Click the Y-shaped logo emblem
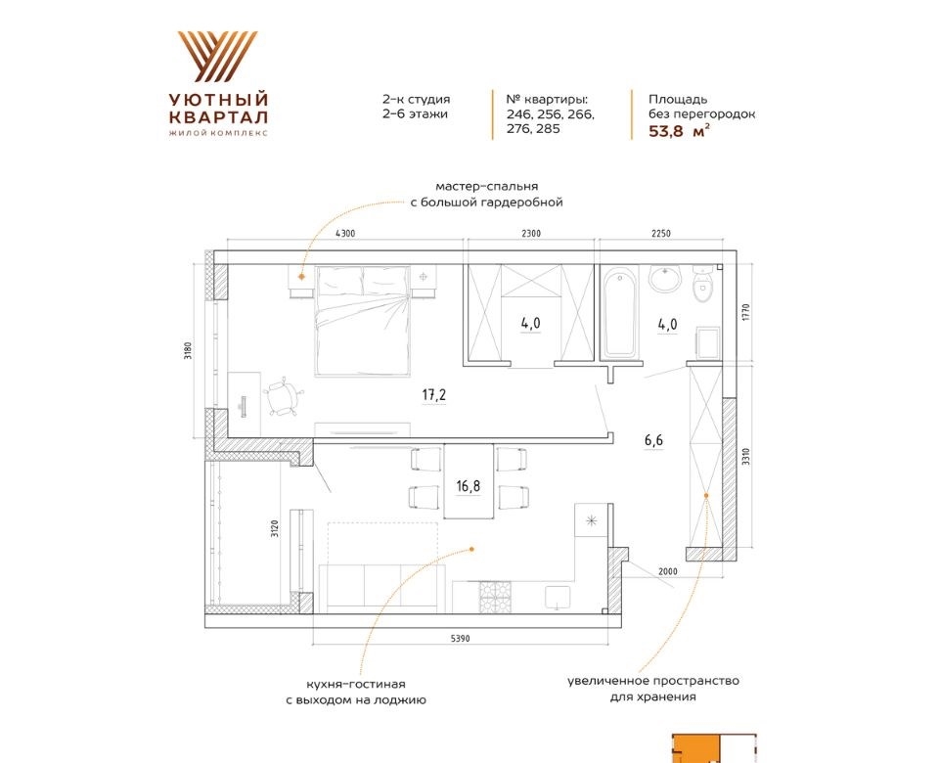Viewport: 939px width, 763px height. (x=218, y=57)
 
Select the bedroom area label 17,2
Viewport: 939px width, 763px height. (x=434, y=394)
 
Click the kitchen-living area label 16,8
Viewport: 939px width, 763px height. (x=468, y=486)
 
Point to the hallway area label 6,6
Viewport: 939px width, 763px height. (x=653, y=441)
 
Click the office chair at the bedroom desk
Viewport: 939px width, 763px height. (x=282, y=396)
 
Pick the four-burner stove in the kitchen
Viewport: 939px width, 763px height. (x=495, y=597)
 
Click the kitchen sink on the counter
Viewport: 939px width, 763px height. (x=558, y=598)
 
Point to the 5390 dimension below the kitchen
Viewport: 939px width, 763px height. (x=460, y=639)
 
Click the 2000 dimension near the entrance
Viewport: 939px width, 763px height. (x=668, y=571)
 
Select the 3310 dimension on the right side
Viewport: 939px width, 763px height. (x=745, y=457)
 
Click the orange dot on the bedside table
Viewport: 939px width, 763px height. (x=301, y=277)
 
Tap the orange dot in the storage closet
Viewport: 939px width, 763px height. (x=706, y=495)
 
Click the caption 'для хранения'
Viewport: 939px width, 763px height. (x=652, y=697)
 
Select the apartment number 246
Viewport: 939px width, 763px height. (x=518, y=113)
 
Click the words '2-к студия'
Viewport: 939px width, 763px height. (x=416, y=100)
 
